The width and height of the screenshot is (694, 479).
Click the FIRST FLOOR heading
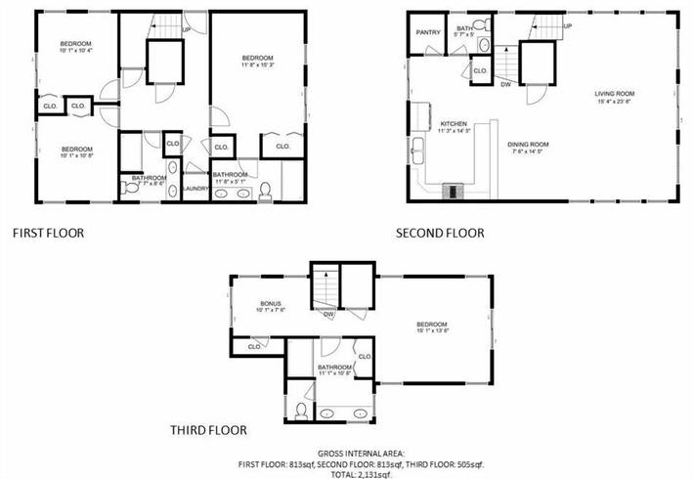click(x=48, y=234)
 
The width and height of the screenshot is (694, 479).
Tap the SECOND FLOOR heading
click(x=440, y=234)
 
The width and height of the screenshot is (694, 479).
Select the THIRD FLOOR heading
click(x=208, y=429)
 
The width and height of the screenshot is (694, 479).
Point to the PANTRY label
click(x=427, y=32)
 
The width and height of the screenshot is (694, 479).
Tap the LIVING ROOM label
click(x=616, y=95)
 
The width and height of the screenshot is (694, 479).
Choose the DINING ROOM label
click(x=528, y=146)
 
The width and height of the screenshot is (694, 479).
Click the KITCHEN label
click(x=455, y=124)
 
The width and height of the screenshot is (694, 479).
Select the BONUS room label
click(x=271, y=303)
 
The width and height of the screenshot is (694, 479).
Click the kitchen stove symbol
click(x=454, y=191)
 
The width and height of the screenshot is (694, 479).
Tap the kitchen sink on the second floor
click(x=418, y=151)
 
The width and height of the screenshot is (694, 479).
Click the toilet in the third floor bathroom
click(x=301, y=411)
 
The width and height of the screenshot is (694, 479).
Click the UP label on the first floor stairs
click(x=187, y=30)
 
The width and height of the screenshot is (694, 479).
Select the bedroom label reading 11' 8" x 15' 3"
click(x=258, y=61)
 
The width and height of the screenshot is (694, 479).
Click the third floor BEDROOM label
click(x=431, y=325)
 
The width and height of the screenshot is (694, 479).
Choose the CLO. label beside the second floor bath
click(x=480, y=71)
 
